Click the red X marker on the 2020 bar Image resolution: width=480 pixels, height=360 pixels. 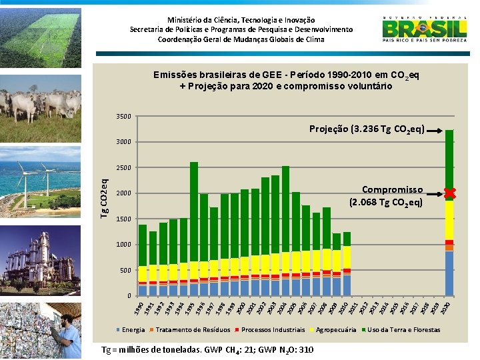449,193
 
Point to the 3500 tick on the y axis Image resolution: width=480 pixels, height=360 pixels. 125,117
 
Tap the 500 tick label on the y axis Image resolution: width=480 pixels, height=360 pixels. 126,271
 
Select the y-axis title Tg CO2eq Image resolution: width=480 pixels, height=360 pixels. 105,193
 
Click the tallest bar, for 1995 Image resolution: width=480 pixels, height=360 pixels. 194,227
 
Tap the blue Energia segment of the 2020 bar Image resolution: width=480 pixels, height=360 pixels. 449,273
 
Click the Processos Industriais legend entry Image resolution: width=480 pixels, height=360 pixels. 269,330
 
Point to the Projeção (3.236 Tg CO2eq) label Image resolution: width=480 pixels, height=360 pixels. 367,128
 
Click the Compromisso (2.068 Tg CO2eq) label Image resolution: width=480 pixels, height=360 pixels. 387,195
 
